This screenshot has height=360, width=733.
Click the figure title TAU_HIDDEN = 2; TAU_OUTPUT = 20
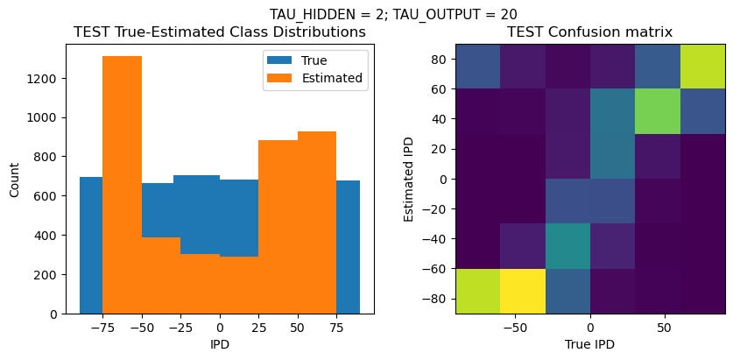[x=392, y=14]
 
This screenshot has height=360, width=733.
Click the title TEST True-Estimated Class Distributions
[x=220, y=32]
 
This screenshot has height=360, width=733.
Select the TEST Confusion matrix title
[x=590, y=32]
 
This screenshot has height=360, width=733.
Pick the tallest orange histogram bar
[x=122, y=184]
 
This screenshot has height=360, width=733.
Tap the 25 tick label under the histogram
[x=258, y=328]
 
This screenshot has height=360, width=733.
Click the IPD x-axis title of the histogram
[x=220, y=344]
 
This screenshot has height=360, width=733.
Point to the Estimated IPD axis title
[x=409, y=178]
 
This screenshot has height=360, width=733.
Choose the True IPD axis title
[x=590, y=344]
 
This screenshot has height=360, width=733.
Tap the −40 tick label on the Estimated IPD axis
[x=434, y=238]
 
